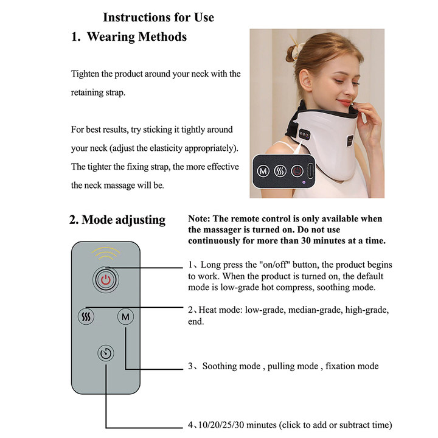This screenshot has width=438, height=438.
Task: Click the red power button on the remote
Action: [106, 280]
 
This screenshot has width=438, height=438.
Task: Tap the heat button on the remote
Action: [86, 316]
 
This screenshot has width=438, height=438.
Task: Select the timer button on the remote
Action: [106, 353]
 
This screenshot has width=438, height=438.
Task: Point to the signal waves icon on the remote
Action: [106, 252]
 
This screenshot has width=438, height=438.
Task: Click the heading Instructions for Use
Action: [158, 17]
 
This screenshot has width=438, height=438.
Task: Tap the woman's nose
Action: [364, 78]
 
